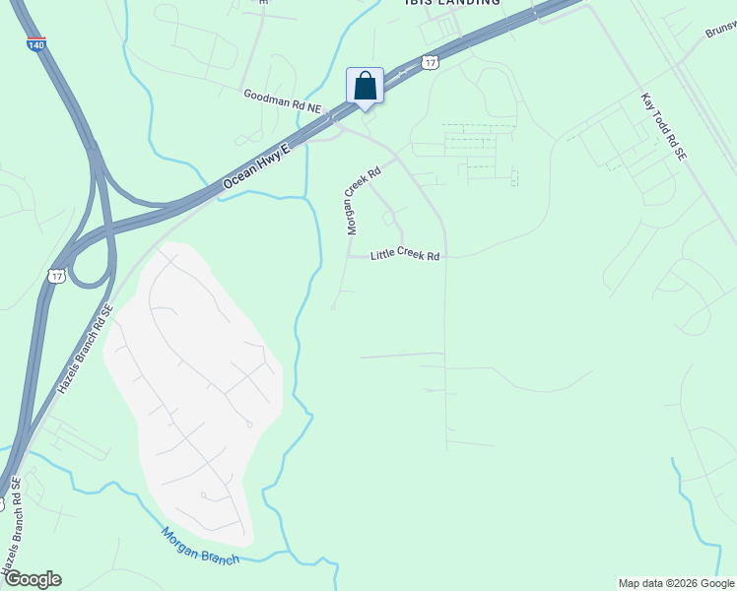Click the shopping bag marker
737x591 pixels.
365,86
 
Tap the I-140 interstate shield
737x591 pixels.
35,44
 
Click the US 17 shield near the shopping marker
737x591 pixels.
429,62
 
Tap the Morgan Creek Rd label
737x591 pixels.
361,198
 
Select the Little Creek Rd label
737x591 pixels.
404,255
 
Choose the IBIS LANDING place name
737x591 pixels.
452,3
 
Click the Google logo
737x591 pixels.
32,578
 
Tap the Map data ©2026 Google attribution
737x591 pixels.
676,583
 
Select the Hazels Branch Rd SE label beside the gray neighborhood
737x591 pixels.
85,350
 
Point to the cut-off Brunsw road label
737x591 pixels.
721,30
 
